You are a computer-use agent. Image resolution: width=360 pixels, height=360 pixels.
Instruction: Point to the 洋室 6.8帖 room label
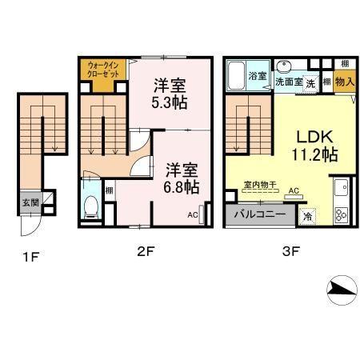(182, 178)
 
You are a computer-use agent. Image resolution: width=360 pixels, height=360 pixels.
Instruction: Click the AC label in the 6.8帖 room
(194, 214)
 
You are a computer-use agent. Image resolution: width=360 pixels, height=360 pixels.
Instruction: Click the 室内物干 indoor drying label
(261, 184)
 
